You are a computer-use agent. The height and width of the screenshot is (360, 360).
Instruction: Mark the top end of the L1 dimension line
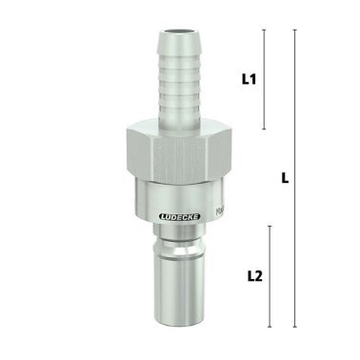pos(265,30)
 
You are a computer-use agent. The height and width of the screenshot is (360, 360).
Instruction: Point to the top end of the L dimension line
pos(293,30)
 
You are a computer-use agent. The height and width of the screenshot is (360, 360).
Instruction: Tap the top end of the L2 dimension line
pos(270,227)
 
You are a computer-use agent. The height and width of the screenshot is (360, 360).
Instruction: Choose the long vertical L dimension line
pos(293,238)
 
